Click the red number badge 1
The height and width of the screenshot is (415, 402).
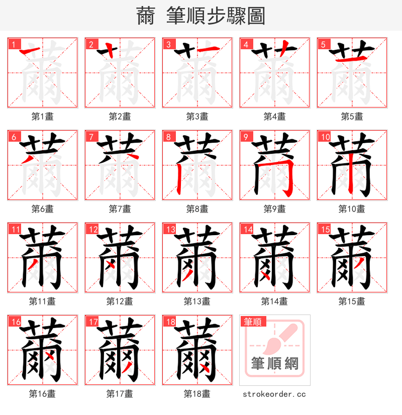[x=14, y=44]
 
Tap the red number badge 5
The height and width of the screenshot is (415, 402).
[x=323, y=44]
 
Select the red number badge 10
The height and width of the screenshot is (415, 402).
[x=324, y=137]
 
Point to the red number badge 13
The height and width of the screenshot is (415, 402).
[x=169, y=229]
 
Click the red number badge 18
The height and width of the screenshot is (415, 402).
[x=169, y=322]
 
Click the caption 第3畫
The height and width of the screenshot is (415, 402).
[x=197, y=117]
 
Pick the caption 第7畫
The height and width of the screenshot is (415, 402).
[x=120, y=209]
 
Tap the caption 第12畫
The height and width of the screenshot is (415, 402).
[x=120, y=301]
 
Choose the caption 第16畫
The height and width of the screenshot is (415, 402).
[x=42, y=394]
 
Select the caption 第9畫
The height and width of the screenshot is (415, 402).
[x=274, y=209]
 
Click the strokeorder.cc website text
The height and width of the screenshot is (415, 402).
[x=274, y=394]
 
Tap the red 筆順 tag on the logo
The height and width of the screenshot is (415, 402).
[x=253, y=322]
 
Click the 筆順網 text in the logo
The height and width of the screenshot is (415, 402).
[x=274, y=363]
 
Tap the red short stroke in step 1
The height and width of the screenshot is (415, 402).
[x=32, y=50]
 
